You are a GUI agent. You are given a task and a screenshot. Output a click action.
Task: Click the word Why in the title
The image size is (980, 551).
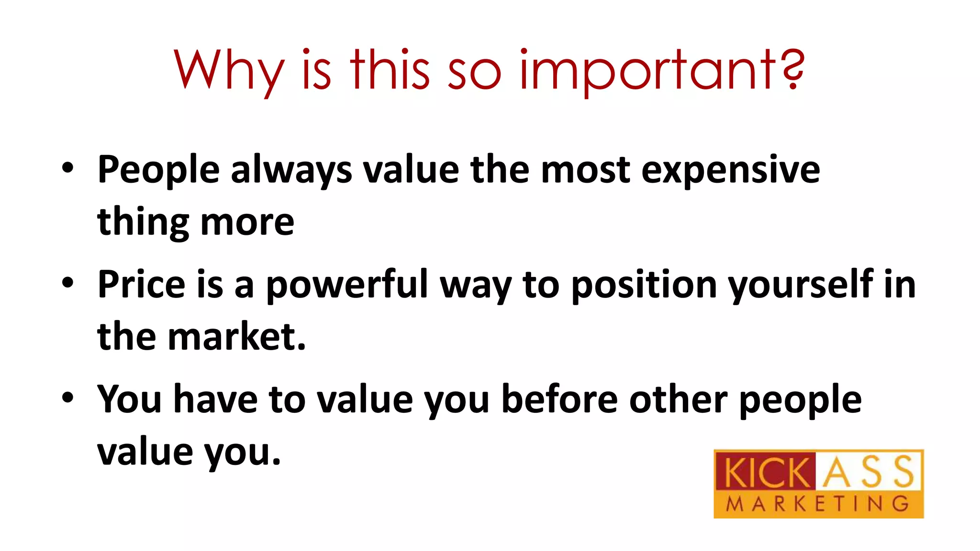pyautogui.click(x=229, y=71)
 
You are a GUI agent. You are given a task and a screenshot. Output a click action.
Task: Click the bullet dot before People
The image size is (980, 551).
pyautogui.click(x=68, y=168)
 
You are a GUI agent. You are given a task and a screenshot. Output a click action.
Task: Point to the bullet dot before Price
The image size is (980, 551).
pyautogui.click(x=68, y=283)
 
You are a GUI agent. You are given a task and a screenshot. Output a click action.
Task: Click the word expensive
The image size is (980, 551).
pyautogui.click(x=730, y=170)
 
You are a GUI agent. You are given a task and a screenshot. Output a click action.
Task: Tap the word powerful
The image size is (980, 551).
pyautogui.click(x=346, y=285)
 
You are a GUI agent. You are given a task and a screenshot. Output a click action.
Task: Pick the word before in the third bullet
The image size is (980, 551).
pyautogui.click(x=559, y=399)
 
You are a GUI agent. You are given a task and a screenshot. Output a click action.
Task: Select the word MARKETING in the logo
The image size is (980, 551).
pyautogui.click(x=818, y=504)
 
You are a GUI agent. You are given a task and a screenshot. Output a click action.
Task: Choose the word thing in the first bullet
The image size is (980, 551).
pyautogui.click(x=143, y=223)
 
